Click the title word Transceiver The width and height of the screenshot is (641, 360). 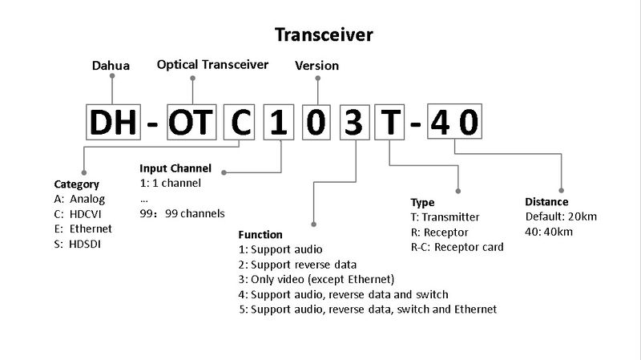[x=323, y=34]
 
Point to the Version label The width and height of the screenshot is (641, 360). [x=317, y=66]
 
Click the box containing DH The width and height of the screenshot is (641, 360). [x=112, y=123]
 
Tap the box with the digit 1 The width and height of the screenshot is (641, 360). [x=280, y=123]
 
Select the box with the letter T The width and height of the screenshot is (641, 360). [x=390, y=123]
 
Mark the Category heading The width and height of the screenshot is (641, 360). [x=76, y=184]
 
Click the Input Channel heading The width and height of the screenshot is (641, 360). [x=175, y=168]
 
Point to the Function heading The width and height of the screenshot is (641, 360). [x=260, y=235]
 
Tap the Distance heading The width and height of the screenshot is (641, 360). [x=546, y=202]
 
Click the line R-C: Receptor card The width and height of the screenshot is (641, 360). [x=457, y=247]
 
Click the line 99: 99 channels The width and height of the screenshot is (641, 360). [x=182, y=213]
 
